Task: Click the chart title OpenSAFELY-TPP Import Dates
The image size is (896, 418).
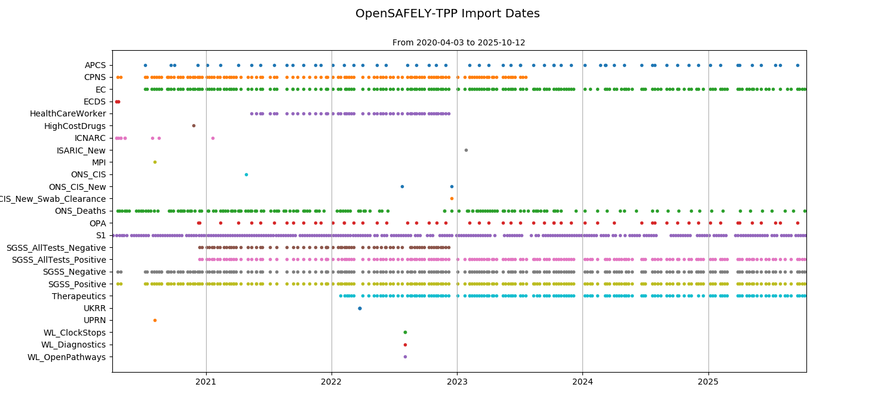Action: tap(447, 14)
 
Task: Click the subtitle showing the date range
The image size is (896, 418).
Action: tap(459, 43)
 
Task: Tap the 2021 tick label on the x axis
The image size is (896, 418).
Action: tap(206, 381)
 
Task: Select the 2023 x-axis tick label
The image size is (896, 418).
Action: tap(457, 381)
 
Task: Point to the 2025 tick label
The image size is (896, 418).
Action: tap(708, 381)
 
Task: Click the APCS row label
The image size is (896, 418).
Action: tap(95, 65)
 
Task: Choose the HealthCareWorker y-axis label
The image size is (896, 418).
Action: tap(67, 113)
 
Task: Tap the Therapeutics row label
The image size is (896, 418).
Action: tap(78, 296)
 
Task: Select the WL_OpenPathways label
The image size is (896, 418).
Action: tap(66, 357)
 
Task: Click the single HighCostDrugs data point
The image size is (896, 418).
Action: tap(194, 125)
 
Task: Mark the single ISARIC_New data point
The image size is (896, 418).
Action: tap(466, 150)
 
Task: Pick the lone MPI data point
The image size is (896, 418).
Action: tap(155, 162)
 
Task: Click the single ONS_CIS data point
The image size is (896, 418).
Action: tap(246, 174)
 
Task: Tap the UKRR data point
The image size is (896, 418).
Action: tap(360, 308)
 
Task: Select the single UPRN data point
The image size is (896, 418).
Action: tap(155, 320)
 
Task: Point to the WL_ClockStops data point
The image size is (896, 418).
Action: tap(405, 333)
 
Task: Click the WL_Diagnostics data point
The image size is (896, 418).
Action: tap(405, 345)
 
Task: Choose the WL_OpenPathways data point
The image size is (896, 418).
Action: tap(405, 356)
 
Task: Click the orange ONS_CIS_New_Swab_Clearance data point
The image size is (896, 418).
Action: tap(452, 198)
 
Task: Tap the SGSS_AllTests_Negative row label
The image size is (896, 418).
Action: tap(56, 248)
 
